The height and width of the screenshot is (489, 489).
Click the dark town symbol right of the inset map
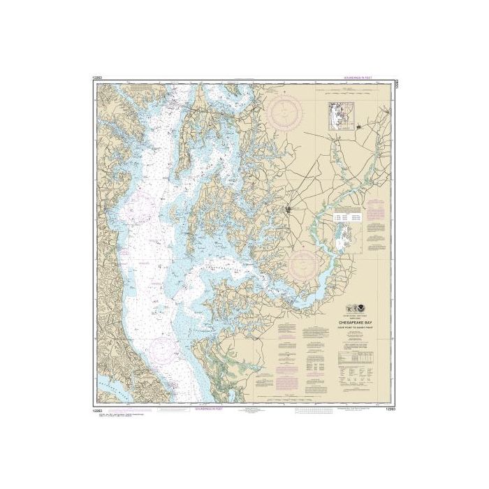coord(359,127)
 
